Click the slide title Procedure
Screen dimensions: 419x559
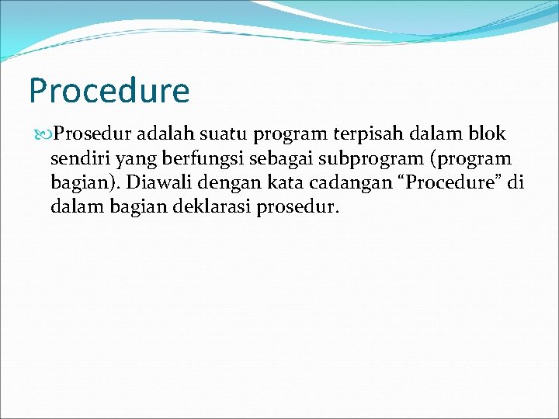109,92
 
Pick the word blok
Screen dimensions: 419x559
487,134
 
